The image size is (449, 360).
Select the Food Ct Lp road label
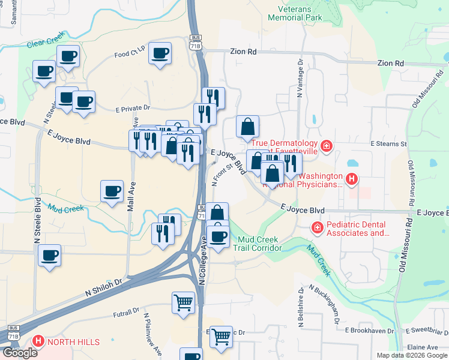click(x=130, y=54)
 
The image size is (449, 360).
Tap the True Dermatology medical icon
click(x=326, y=145)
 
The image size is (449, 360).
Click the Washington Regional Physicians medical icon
click(x=352, y=178)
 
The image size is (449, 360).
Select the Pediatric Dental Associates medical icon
click(x=316, y=228)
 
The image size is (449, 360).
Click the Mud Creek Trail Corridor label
click(x=257, y=243)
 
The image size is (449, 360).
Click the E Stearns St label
click(x=388, y=144)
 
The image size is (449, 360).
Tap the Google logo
click(x=19, y=353)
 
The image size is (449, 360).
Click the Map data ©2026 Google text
click(x=411, y=355)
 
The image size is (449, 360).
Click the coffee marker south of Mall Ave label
click(x=112, y=191)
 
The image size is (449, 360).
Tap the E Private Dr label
click(x=133, y=108)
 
